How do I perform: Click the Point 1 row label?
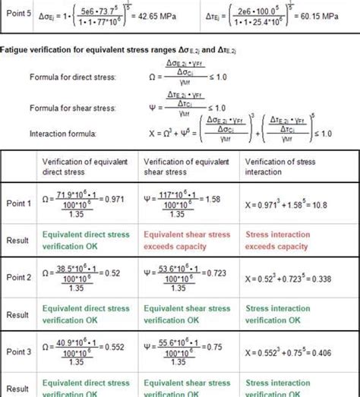point(19,203)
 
